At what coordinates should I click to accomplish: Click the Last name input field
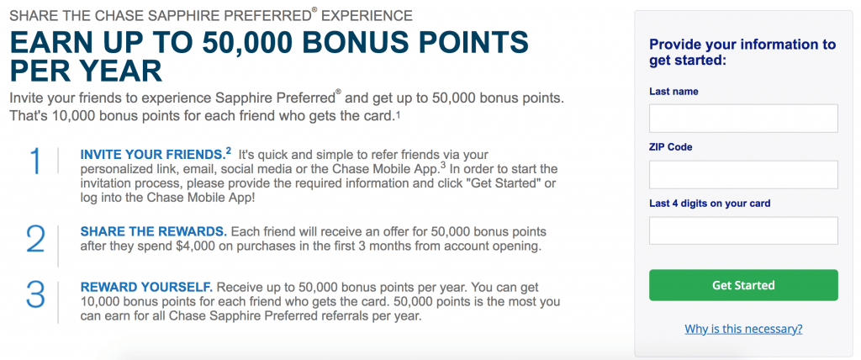[743, 119]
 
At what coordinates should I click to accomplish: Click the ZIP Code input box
[743, 174]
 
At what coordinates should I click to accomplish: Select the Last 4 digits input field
[743, 230]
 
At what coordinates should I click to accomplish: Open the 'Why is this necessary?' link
[743, 328]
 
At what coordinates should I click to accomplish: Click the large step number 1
[35, 162]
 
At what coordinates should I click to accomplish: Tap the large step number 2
[35, 239]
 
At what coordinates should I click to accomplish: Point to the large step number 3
[35, 294]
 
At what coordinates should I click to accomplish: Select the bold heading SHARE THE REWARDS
[153, 230]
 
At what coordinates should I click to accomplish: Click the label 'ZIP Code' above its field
[671, 147]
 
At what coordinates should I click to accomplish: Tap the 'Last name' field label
[674, 91]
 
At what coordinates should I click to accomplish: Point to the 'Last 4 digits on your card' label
[710, 204]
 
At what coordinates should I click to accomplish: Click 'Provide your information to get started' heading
[742, 52]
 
